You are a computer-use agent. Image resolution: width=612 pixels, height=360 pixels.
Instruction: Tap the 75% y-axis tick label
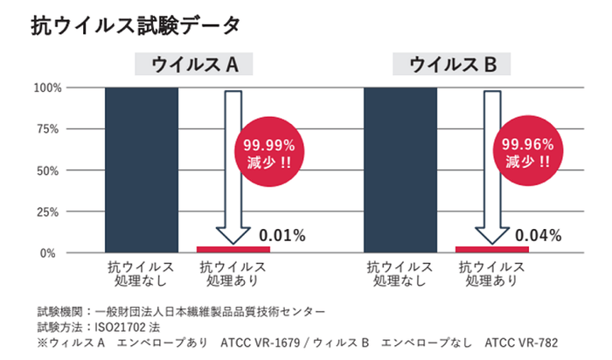pyautogui.click(x=48, y=128)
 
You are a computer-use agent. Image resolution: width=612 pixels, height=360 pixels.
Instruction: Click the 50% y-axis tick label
pyautogui.click(x=48, y=170)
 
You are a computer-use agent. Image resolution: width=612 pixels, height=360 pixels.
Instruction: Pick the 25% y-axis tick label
pyautogui.click(x=48, y=211)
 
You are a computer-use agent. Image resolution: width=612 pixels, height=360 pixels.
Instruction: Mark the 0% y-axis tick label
pyautogui.click(x=52, y=253)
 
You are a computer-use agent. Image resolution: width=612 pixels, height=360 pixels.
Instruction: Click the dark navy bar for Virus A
pyautogui.click(x=141, y=170)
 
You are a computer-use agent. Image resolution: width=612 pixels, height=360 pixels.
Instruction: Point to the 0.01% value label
pyautogui.click(x=282, y=234)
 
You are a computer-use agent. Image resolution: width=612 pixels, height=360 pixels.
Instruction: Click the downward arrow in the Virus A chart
pyautogui.click(x=233, y=166)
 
